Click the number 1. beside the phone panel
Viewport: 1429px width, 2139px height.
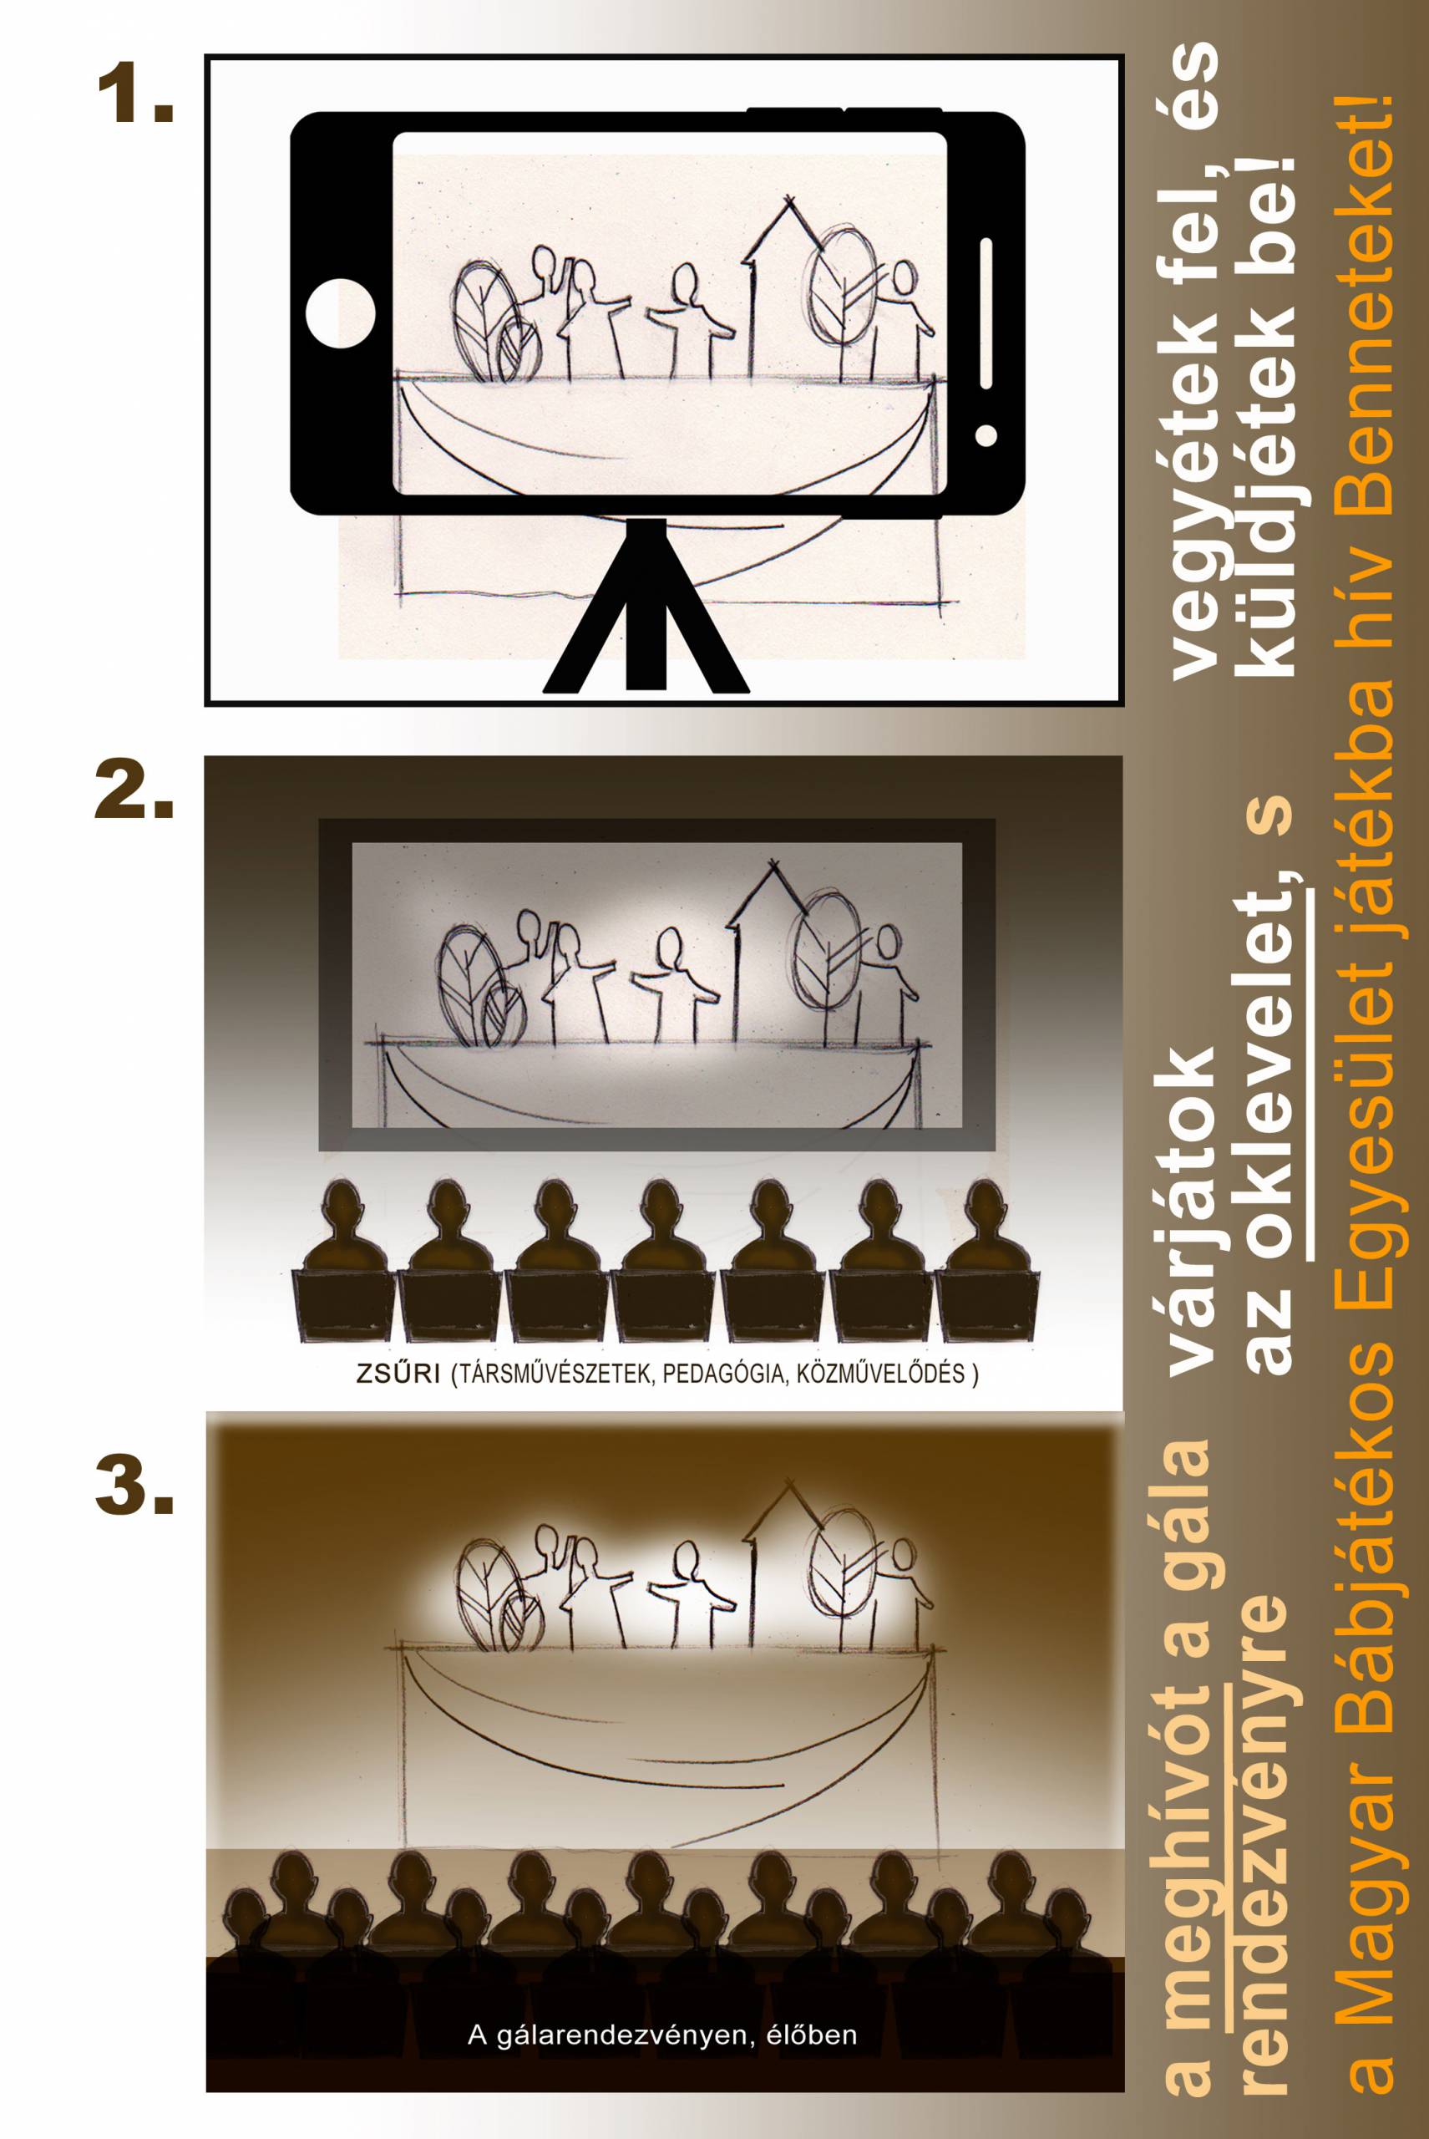click(x=133, y=99)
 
